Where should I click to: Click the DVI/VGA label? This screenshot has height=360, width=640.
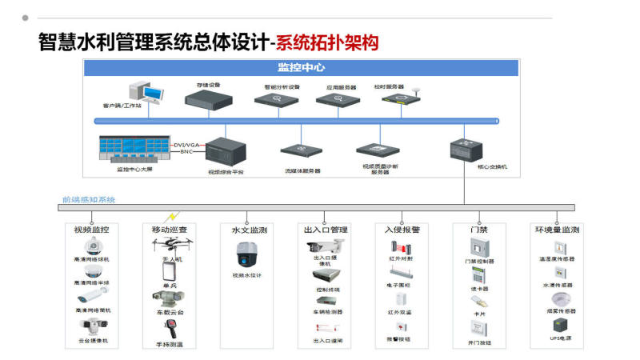coord(186,145)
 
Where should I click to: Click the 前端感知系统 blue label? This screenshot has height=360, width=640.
coord(89,199)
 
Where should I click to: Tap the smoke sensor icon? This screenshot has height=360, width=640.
coord(558,298)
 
